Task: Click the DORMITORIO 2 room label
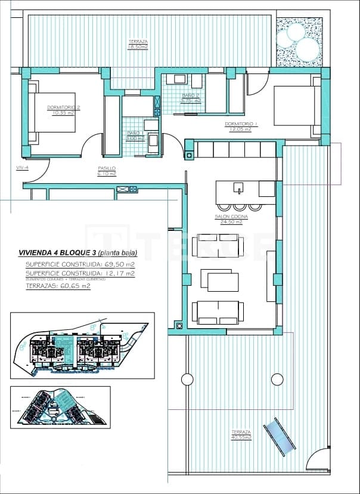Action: tap(64, 110)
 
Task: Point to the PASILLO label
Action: tap(107, 171)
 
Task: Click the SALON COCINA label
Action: tap(231, 219)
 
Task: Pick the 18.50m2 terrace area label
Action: tap(138, 44)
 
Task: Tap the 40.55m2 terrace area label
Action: tap(241, 434)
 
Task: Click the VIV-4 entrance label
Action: tap(22, 168)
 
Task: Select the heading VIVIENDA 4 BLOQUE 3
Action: tap(57, 252)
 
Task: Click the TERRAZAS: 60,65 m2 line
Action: tap(58, 286)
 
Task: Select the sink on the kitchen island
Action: tap(238, 188)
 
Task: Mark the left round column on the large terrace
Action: tap(187, 379)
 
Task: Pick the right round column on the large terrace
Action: tap(277, 379)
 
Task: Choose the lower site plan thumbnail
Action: tap(60, 406)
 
